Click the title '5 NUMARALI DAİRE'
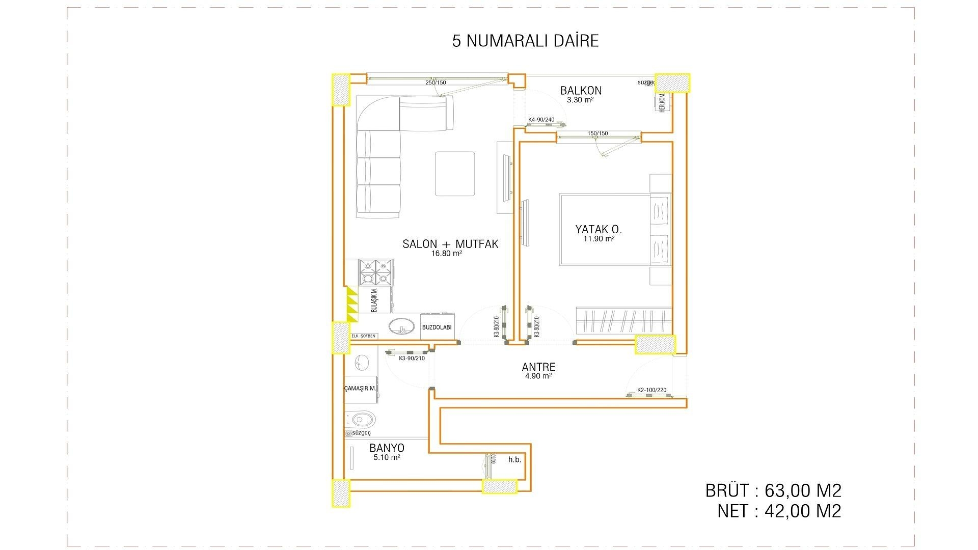pos(525,41)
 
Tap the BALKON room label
pos(581,91)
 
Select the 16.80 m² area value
pos(446,253)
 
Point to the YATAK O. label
pos(599,229)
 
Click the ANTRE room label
pos(538,367)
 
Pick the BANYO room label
pos(387,448)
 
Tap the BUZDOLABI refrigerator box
pos(437,327)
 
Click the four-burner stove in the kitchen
pos(376,272)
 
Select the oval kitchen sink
pos(401,326)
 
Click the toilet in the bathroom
pos(363,420)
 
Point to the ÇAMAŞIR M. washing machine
pos(360,388)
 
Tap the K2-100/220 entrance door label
pos(651,391)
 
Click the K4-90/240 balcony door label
pos(541,120)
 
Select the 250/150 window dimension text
pos(436,82)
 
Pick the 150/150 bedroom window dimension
pos(597,133)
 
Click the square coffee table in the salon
pos(454,174)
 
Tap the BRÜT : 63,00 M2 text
pos(773,491)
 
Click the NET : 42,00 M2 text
pos(779,511)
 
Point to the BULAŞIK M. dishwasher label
pos(373,300)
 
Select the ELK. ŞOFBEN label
pos(364,336)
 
